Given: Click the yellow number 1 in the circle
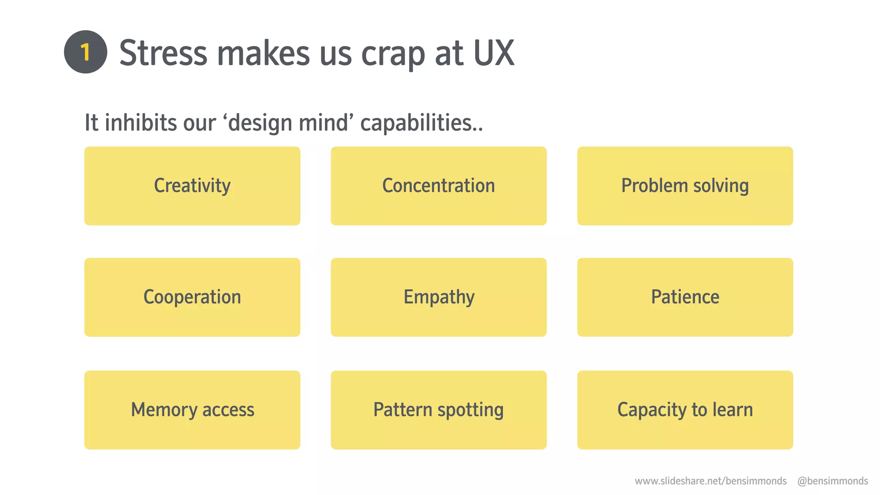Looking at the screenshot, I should [x=86, y=52].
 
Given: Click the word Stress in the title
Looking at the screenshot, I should [x=163, y=53].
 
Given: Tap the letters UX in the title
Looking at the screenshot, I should [x=494, y=53].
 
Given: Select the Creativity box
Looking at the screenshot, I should [x=192, y=186].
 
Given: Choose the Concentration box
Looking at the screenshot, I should [x=438, y=186].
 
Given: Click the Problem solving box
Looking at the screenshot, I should [x=685, y=186].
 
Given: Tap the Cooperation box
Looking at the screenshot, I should [x=192, y=297].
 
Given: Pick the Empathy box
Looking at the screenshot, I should [x=438, y=297].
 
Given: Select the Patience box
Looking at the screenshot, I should [x=685, y=297].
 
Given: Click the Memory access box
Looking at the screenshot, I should [x=192, y=409].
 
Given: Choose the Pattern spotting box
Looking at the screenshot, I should [x=438, y=409].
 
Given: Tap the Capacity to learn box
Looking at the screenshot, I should [x=685, y=409].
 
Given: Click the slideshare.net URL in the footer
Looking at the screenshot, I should [x=710, y=481].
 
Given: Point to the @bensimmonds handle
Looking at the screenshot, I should [x=832, y=481].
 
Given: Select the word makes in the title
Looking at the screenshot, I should [x=263, y=53].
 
